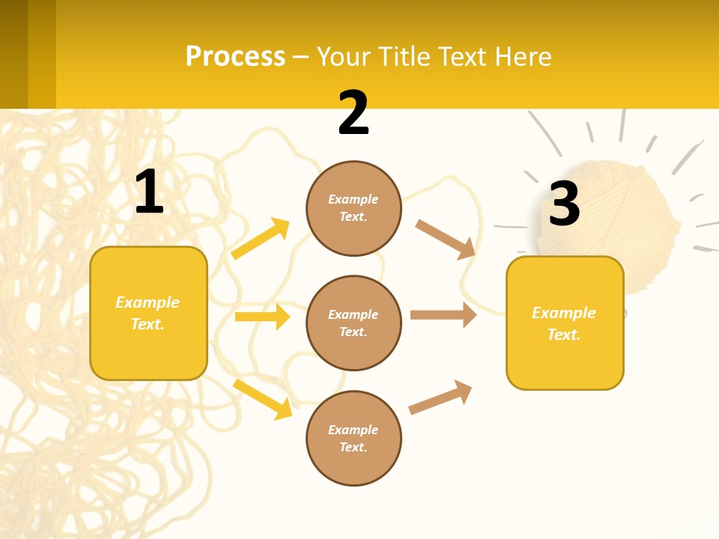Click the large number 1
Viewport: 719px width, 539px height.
[149, 192]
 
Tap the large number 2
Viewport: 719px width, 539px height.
[354, 113]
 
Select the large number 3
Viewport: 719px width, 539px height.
[564, 204]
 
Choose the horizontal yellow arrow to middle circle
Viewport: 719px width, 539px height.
[262, 317]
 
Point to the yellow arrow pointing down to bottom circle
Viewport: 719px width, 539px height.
[263, 398]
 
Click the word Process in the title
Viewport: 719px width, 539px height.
[235, 56]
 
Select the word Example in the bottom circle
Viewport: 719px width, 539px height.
[353, 430]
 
